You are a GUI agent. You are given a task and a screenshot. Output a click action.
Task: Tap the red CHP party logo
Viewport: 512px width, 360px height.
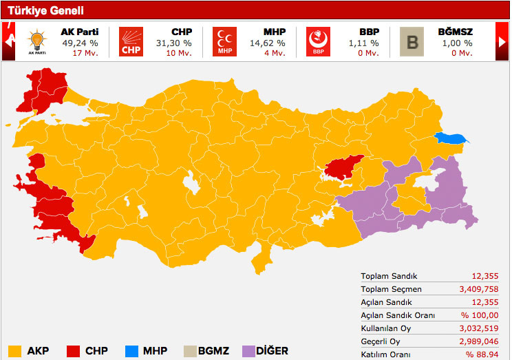coord(130,42)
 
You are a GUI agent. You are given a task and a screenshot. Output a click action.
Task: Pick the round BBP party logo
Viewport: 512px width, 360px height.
coord(318,42)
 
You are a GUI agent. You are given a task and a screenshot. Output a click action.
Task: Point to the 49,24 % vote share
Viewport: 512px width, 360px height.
coord(80,43)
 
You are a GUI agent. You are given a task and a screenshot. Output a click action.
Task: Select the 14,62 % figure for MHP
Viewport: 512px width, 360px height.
coord(268,43)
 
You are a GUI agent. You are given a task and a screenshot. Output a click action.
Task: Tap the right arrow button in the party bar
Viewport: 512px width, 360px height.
coord(502,42)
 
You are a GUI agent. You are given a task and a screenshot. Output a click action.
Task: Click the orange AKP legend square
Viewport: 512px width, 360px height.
coord(14,350)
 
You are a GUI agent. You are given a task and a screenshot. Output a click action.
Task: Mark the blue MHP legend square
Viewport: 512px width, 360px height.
coord(131,350)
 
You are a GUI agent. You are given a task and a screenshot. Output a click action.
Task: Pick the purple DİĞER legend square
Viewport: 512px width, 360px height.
coord(248,350)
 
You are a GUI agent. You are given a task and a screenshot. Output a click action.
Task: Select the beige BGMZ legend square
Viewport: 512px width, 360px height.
coord(188,350)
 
